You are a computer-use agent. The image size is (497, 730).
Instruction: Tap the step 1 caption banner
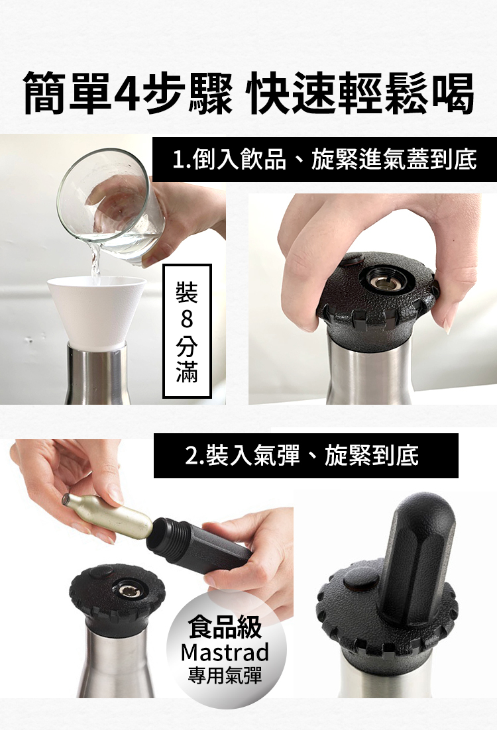[x=325, y=159]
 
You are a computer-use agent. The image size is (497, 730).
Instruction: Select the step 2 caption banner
[x=306, y=455]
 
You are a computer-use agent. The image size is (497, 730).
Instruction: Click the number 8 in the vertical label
[x=187, y=320]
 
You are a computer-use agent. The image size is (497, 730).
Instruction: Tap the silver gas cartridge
[x=107, y=516]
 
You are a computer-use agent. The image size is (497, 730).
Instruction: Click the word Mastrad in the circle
[x=225, y=652]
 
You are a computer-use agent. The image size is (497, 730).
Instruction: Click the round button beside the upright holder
[x=361, y=582]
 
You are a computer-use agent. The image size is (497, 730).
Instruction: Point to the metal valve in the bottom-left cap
[x=126, y=590]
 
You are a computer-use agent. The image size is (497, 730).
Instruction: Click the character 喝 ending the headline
[x=451, y=91]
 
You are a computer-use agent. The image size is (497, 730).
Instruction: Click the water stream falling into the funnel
[x=95, y=263]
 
